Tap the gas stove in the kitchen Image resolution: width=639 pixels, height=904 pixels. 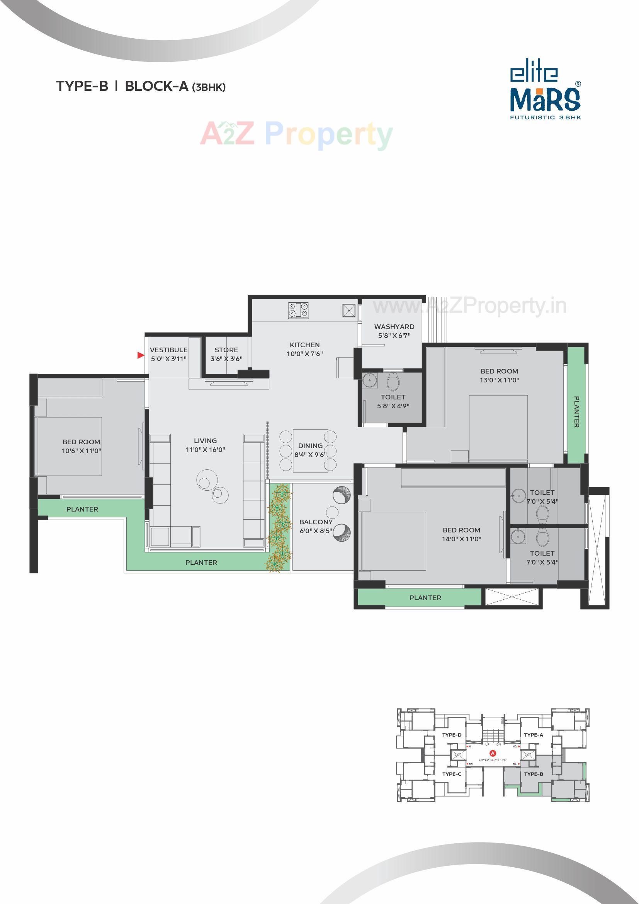(x=299, y=310)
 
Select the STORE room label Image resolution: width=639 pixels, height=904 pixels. (x=226, y=350)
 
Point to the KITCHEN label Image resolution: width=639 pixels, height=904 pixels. (x=304, y=345)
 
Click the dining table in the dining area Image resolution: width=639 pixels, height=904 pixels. (x=310, y=450)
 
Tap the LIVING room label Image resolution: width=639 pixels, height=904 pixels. (x=205, y=440)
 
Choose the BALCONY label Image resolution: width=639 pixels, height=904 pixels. (x=316, y=522)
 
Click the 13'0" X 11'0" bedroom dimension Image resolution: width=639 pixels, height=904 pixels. (x=499, y=380)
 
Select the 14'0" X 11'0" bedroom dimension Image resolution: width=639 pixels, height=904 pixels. (x=461, y=539)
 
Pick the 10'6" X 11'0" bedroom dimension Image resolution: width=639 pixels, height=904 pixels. (x=82, y=451)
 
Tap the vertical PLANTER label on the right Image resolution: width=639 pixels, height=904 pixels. (x=576, y=411)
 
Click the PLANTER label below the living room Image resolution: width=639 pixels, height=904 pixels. (x=201, y=563)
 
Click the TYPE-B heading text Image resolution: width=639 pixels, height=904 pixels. (x=82, y=86)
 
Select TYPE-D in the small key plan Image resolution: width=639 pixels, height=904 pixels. (x=452, y=735)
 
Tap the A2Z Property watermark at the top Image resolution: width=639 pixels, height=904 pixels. (x=296, y=134)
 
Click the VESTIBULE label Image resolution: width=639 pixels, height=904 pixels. (x=168, y=350)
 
